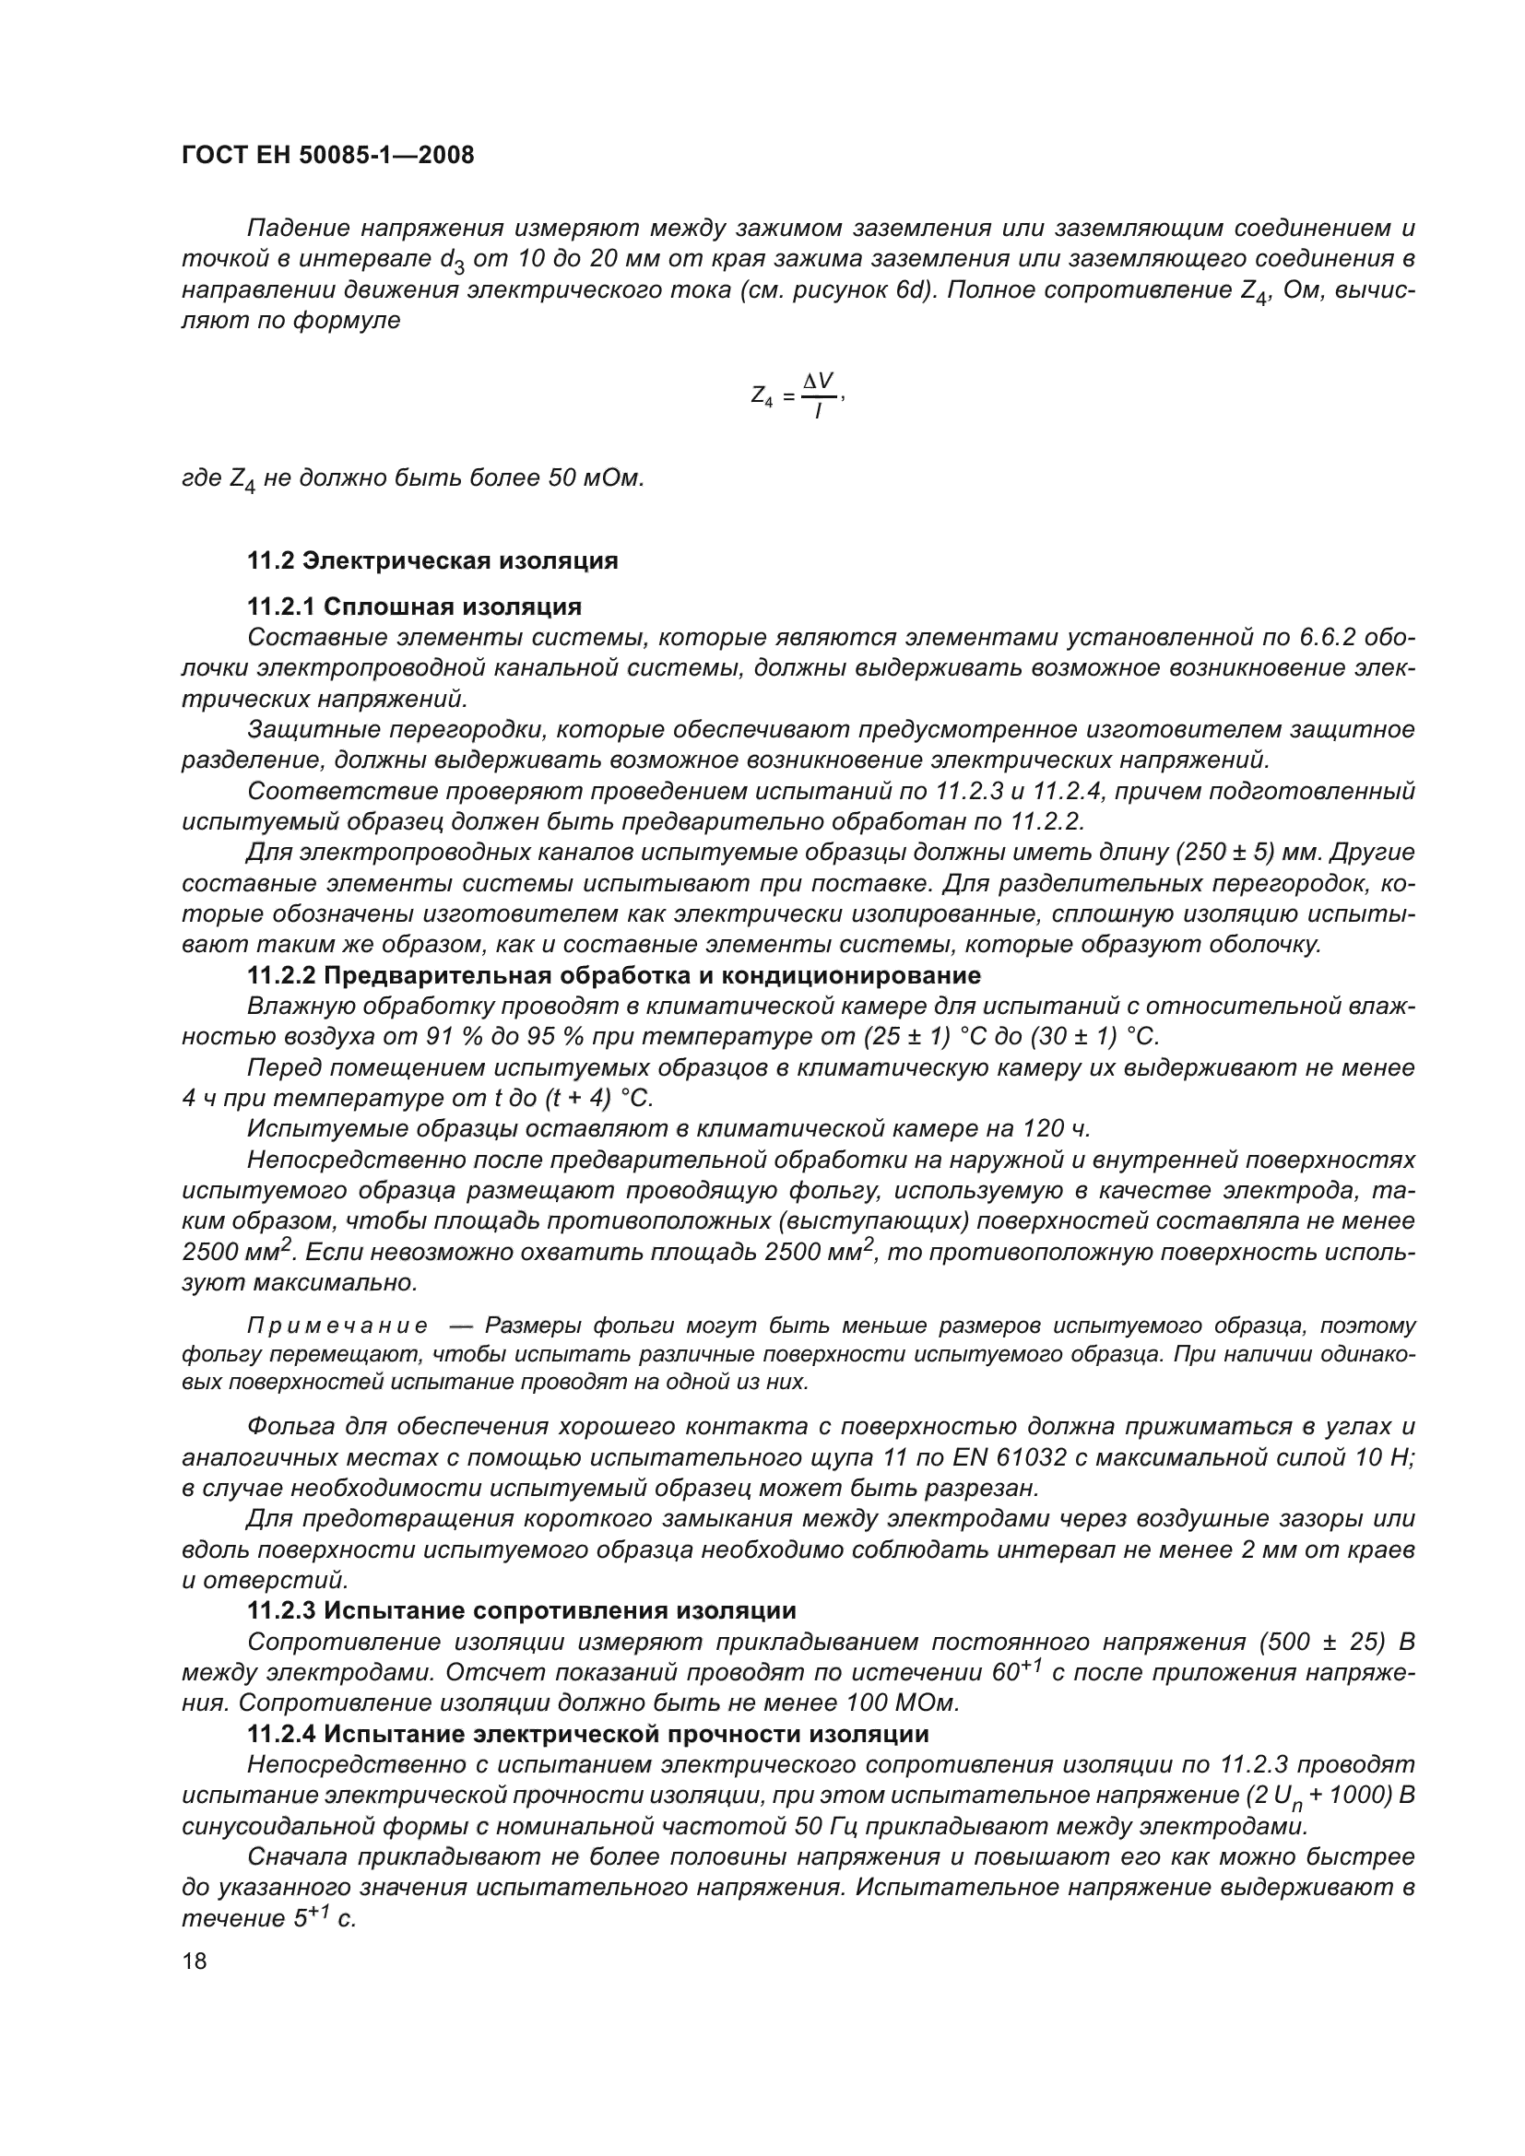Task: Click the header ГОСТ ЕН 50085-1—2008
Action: [327, 155]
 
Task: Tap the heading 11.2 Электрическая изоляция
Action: [431, 560]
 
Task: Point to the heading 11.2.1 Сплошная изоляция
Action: [414, 607]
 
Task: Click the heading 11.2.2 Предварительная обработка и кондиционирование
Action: [613, 975]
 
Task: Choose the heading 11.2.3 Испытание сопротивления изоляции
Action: [521, 1611]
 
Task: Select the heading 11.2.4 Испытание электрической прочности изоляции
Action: [588, 1735]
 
